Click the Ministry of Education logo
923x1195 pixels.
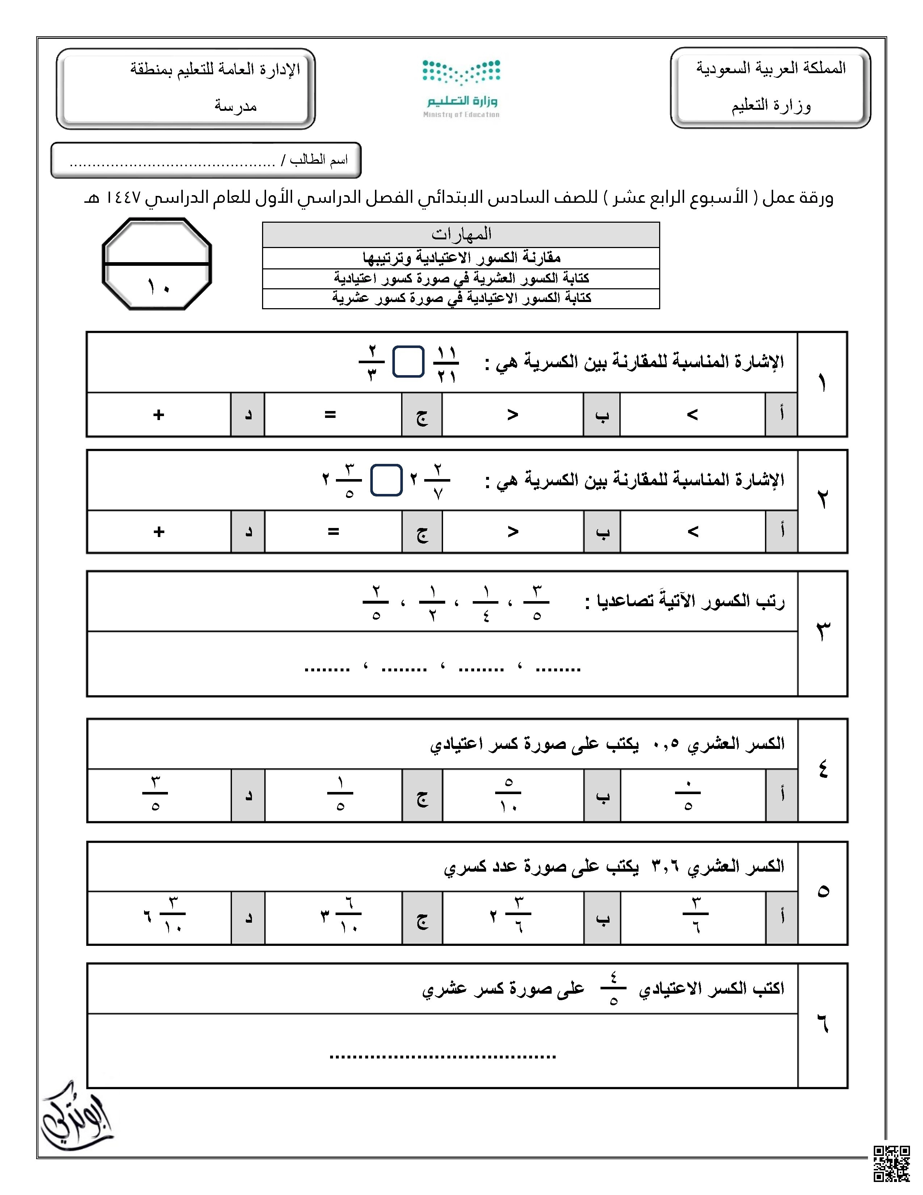(x=461, y=88)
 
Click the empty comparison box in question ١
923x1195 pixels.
(x=408, y=362)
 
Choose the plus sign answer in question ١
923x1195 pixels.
(x=159, y=415)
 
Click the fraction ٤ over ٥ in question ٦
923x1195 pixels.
(x=613, y=988)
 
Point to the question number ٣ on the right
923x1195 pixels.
(x=822, y=632)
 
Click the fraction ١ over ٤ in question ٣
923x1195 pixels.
(x=485, y=603)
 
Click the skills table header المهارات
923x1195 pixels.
(x=461, y=234)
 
